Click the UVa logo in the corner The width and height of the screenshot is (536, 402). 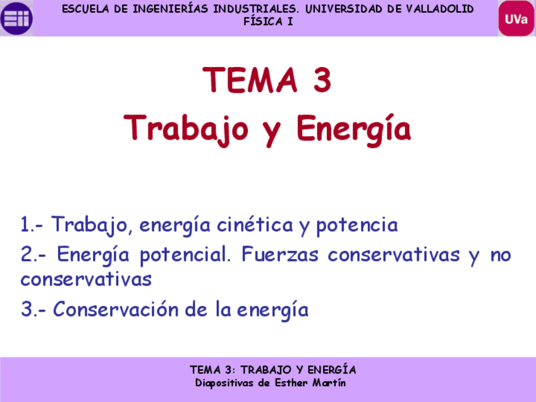tap(516, 18)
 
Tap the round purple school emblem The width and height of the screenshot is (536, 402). tap(16, 18)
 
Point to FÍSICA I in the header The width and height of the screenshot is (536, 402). tap(268, 21)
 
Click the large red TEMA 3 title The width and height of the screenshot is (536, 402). tap(267, 80)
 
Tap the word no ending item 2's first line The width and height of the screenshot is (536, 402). tap(500, 255)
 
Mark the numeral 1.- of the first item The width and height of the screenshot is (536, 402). tap(32, 224)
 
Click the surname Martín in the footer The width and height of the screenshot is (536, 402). tap(329, 383)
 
